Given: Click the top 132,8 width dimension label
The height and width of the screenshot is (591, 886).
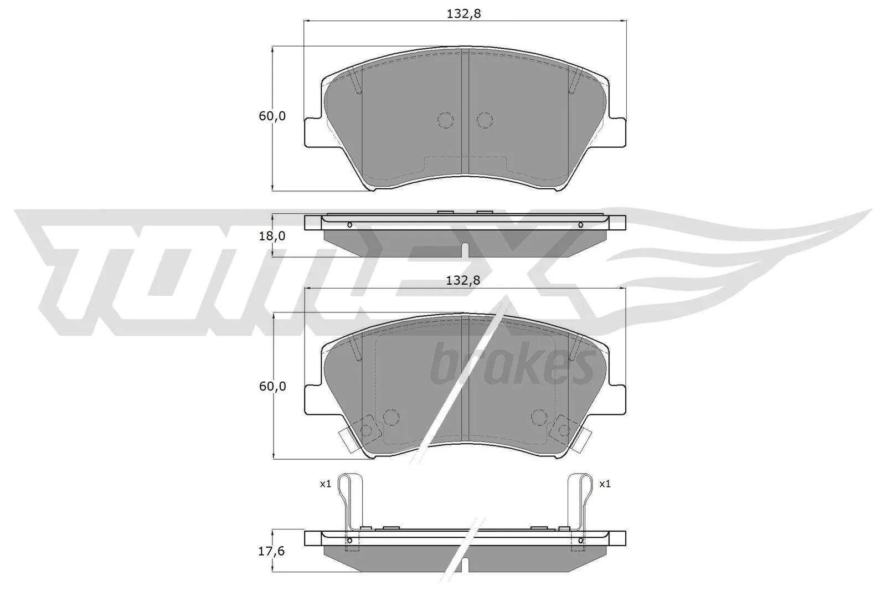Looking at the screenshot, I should (463, 14).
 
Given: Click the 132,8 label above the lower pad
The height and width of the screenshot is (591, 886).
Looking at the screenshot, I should (463, 280).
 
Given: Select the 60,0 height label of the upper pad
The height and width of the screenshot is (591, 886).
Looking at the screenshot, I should (272, 116).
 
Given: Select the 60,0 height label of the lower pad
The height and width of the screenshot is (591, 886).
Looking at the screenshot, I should (272, 386).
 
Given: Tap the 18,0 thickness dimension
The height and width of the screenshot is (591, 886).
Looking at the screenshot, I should (272, 235).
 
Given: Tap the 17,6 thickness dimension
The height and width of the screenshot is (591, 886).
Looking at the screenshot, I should (272, 553).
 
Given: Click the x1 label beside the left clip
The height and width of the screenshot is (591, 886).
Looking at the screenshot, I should (325, 484).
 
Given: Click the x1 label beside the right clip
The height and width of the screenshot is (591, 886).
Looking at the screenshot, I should (605, 484).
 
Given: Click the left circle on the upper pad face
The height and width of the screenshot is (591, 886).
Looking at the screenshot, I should (445, 120).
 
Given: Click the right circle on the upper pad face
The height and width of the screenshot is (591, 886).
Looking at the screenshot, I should (485, 120).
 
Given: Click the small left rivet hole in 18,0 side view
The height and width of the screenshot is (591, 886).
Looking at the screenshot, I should (349, 225).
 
